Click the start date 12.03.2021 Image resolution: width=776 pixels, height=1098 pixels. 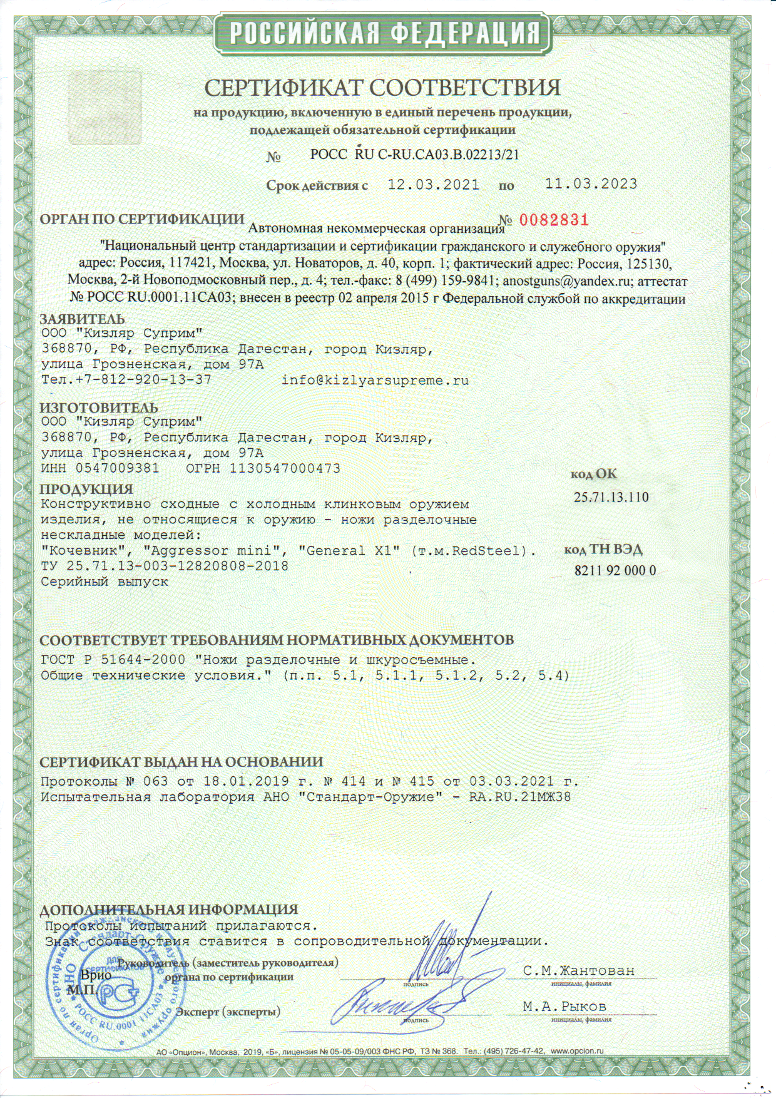pos(434,185)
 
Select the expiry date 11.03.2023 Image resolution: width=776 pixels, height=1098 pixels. pos(591,184)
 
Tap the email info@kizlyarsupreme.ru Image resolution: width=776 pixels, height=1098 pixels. pos(375,380)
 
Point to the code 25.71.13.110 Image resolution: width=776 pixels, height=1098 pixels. pos(611,498)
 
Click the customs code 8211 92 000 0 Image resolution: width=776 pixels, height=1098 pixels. pos(615,570)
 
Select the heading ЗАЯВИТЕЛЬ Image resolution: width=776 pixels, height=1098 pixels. pos(82,319)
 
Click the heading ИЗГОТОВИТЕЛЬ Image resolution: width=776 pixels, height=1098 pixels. pos(99,409)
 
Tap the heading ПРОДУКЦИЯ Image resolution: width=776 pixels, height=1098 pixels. pos(86,489)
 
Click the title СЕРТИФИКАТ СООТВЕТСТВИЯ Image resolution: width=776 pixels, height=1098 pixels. pos(382,87)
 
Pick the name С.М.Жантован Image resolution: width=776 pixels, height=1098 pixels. pos(579,971)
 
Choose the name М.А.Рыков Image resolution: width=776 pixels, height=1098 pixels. pos(564,1007)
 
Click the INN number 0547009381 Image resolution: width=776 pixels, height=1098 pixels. pos(117,468)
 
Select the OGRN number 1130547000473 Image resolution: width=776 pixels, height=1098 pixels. pos(285,468)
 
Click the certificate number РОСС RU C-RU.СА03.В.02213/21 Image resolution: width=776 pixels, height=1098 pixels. pos(414,155)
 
